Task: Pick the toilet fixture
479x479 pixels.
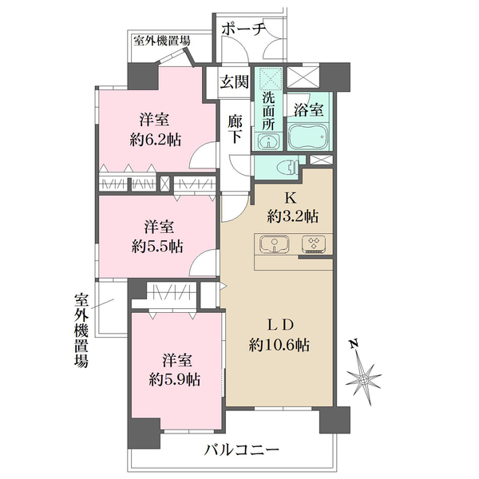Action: pos(286,168)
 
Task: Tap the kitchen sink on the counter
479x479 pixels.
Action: pos(276,244)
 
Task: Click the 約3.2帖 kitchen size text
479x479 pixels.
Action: pos(292,216)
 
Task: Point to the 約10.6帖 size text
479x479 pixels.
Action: pos(279,346)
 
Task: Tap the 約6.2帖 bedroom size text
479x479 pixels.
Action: pos(155,139)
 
